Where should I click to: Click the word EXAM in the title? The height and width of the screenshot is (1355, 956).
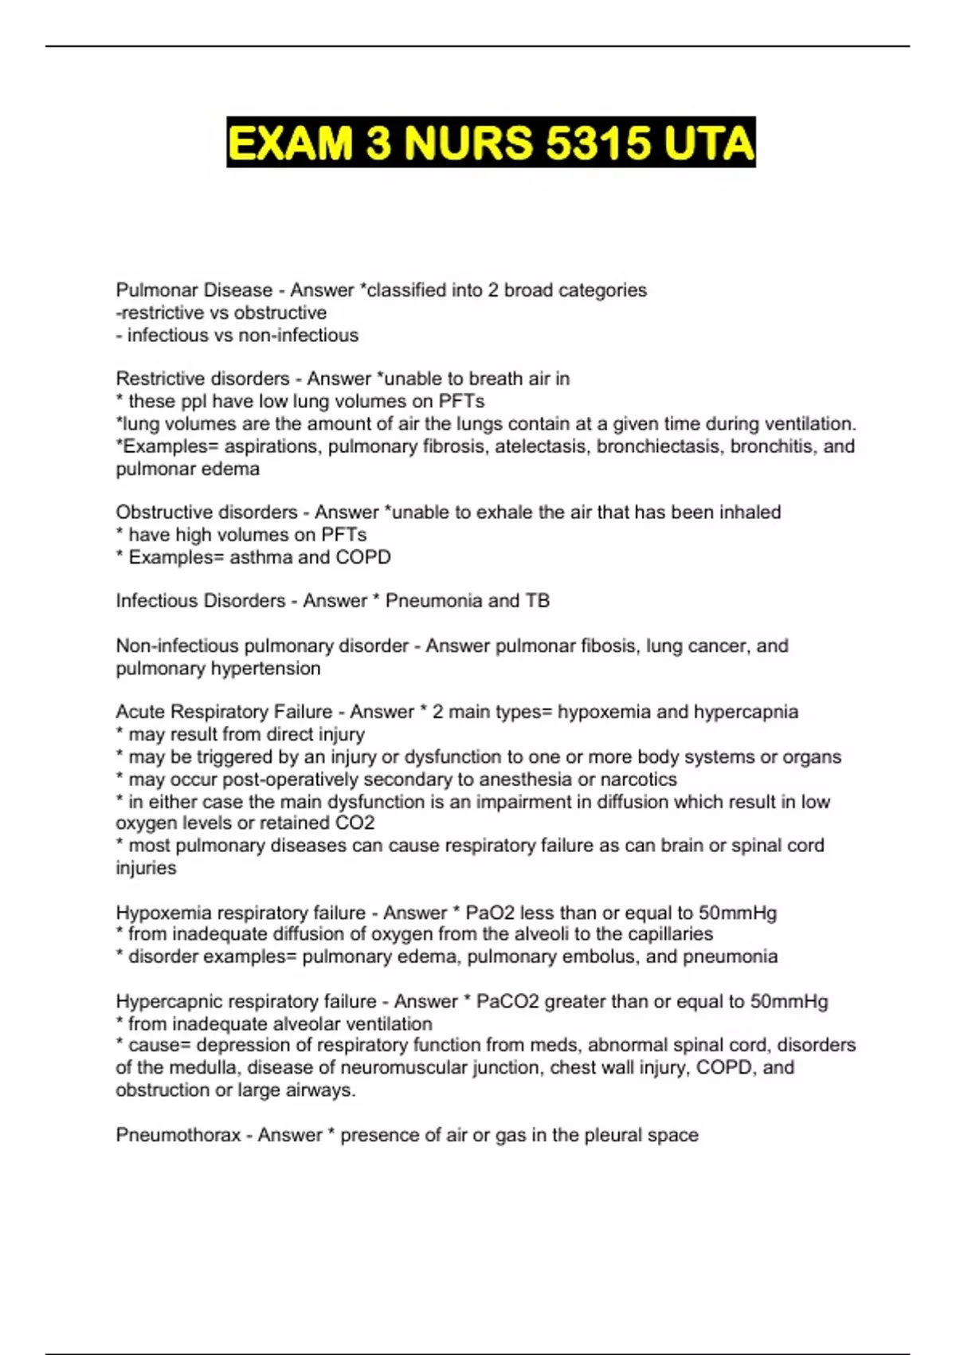[x=290, y=143]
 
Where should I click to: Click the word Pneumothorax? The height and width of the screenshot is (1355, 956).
[x=178, y=1135]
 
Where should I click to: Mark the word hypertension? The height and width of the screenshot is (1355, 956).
[x=268, y=669]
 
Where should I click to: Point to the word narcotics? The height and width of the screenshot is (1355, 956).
[x=639, y=780]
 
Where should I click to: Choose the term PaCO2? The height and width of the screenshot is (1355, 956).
[x=508, y=1002]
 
